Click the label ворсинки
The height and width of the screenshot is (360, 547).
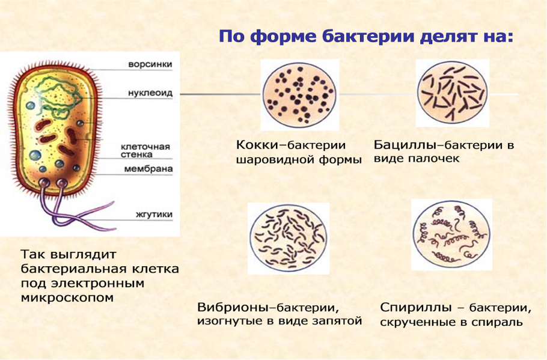point(150,64)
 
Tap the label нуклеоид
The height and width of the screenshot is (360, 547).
point(150,94)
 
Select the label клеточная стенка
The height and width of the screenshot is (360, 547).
point(145,150)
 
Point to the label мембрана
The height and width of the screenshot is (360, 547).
point(148,169)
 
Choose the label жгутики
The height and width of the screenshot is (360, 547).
point(154,214)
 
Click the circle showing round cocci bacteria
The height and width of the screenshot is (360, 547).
point(299,94)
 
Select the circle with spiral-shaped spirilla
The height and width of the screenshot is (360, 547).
point(451,234)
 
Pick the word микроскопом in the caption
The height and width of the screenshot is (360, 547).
point(67,297)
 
